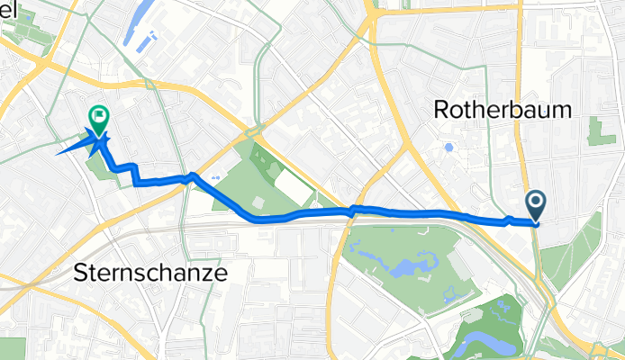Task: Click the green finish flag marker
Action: [x=98, y=117]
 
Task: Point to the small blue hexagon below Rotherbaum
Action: [x=448, y=147]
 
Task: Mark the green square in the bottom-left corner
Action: [x=13, y=348]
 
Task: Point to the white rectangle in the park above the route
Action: [x=289, y=186]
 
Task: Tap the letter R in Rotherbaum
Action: [x=442, y=109]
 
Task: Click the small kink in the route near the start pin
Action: [x=509, y=219]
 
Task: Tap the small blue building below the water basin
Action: [x=151, y=40]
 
